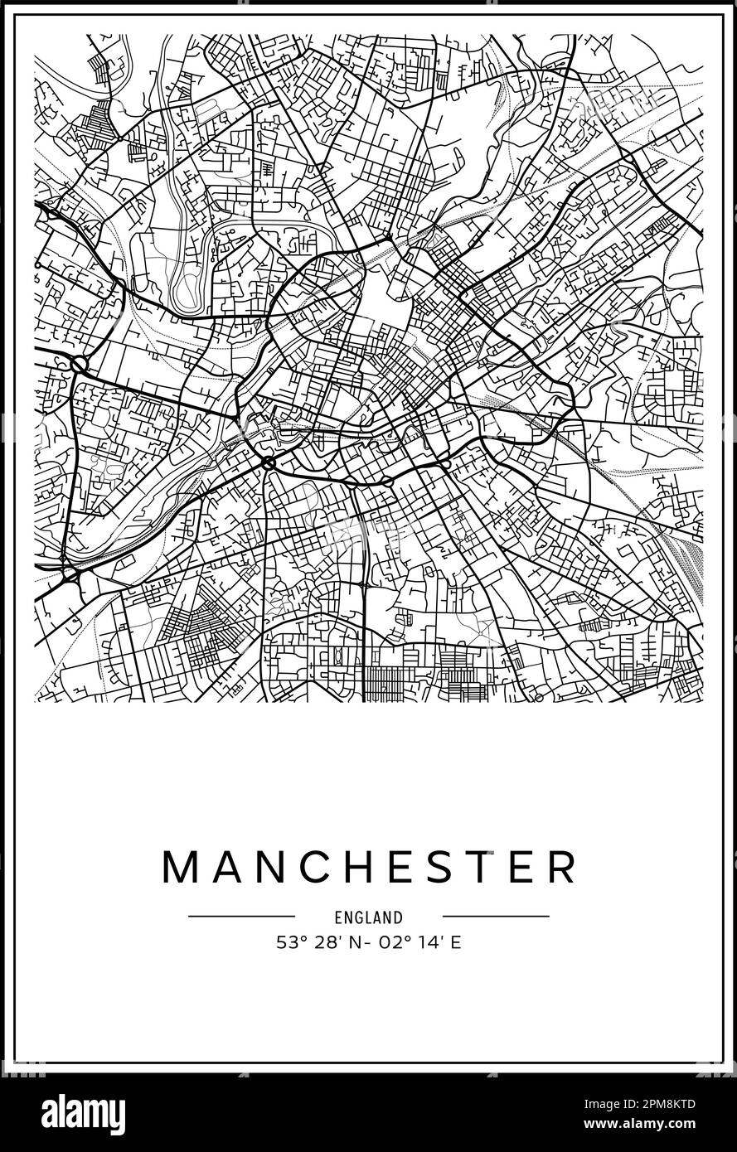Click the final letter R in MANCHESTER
pyautogui.click(x=560, y=867)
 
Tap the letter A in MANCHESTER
pyautogui.click(x=224, y=867)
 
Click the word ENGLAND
pyautogui.click(x=369, y=917)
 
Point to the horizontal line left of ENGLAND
pyautogui.click(x=241, y=917)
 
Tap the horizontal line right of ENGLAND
pyautogui.click(x=496, y=917)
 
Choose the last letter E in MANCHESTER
pyautogui.click(x=515, y=867)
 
